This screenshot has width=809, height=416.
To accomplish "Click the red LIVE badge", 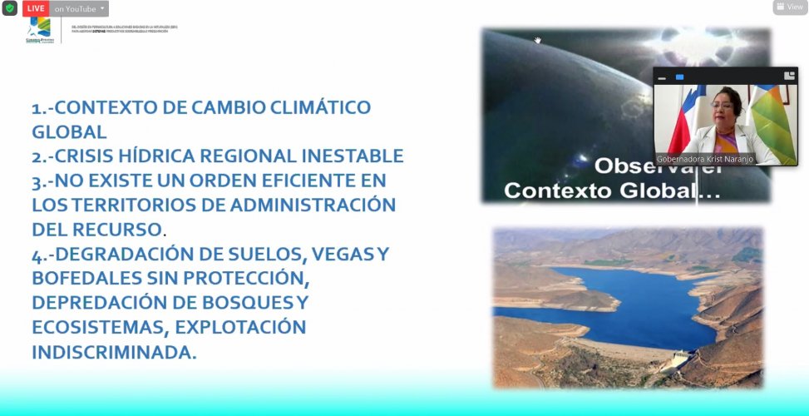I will coord(34,8).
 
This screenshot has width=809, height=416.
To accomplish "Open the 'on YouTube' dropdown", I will coord(80,8).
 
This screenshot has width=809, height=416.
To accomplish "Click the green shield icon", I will coord(9,8).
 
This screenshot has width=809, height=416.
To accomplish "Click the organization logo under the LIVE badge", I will coord(38,32).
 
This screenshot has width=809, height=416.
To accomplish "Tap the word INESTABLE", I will coord(349,156).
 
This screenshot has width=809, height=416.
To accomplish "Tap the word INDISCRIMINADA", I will coord(114,351).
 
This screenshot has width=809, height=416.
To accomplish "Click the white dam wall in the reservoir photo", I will coord(682,359).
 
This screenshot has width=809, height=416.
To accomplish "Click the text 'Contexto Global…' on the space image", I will coord(612,190).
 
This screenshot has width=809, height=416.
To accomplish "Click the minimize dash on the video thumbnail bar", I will coord(662,77).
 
